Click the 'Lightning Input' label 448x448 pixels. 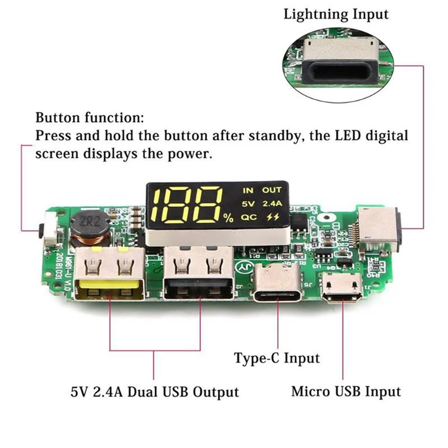pos(335,14)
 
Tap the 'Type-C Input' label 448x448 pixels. pos(277,358)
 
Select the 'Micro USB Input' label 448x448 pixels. pos(346,391)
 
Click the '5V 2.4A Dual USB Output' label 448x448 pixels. pos(155,391)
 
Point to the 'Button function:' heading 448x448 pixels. pos(90,118)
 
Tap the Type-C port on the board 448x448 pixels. pos(278,285)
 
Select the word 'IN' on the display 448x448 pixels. pos(248,190)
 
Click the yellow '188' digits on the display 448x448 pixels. pos(188,204)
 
